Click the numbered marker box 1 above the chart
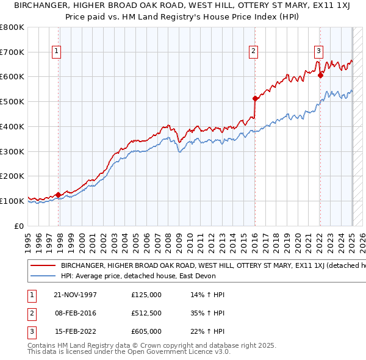pos(56,52)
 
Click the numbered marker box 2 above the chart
pos(253,52)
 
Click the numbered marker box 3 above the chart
pos(318,52)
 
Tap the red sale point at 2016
pos(255,98)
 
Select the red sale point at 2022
pos(320,75)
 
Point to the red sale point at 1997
pos(59,195)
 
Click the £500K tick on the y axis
pos(12,101)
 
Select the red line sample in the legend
pos(42,266)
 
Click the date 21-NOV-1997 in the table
pos(76,295)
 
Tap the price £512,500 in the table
pos(146,313)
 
